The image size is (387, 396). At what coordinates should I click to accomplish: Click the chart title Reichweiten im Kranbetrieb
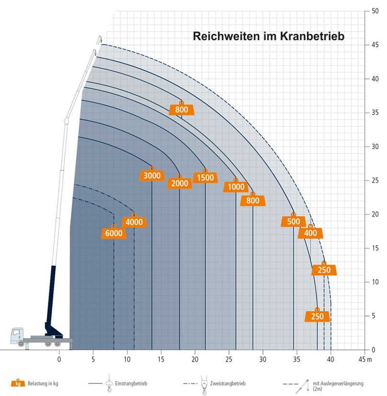268,36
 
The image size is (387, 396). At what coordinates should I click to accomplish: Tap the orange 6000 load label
114,233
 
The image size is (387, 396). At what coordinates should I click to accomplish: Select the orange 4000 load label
135,222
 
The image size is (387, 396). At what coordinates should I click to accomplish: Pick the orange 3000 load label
152,176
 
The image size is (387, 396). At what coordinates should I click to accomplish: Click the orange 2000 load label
180,183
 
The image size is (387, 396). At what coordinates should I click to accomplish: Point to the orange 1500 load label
205,178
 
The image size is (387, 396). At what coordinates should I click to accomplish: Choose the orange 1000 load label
236,187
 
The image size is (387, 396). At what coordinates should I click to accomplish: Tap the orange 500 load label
294,221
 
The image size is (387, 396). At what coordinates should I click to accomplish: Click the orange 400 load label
310,233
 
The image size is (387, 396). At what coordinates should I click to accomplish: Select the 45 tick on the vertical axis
376,45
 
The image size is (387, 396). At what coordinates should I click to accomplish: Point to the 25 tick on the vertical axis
376,180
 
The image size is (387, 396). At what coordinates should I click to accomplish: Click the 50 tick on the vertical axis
376,11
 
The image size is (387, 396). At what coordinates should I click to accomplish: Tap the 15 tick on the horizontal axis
161,358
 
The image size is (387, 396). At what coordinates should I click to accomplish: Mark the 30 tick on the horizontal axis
263,358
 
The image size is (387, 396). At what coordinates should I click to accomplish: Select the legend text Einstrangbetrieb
131,384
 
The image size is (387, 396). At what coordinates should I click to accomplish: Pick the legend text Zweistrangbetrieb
229,384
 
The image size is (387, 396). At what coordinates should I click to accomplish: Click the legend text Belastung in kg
46,384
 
